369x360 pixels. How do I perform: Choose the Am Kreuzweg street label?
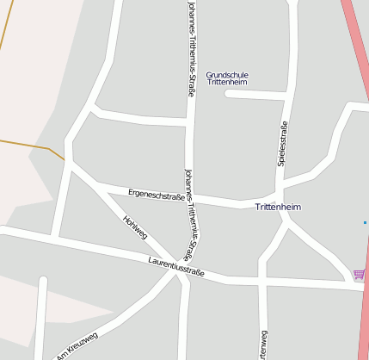77,344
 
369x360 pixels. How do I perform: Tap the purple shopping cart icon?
358,275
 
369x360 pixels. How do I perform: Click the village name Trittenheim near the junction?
279,208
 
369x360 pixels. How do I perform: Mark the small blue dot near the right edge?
365,222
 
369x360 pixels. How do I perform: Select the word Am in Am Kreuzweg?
60,354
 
